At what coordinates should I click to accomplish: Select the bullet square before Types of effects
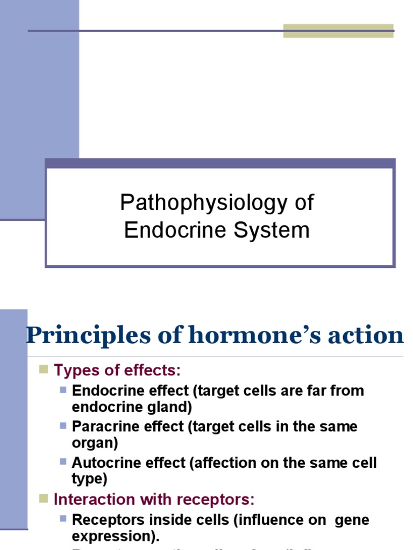[x=44, y=369]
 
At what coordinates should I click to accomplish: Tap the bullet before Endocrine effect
[x=63, y=389]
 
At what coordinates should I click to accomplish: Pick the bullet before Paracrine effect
[x=63, y=425]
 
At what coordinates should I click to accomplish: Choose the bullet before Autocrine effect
[x=63, y=461]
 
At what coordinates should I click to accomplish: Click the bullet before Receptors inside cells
[x=63, y=518]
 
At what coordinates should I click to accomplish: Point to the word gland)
[x=167, y=407]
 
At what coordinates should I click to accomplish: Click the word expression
[x=113, y=537]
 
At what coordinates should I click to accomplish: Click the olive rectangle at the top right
[x=338, y=31]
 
